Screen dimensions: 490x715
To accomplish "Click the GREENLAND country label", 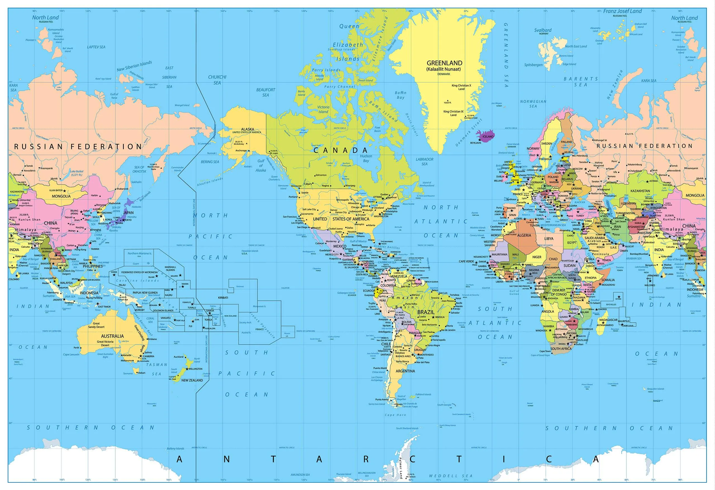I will click(x=444, y=63).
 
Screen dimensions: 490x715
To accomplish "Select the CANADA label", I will click(x=340, y=150).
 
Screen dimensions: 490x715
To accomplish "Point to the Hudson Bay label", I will click(x=366, y=158).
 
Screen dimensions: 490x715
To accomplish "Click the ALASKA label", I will click(x=247, y=129).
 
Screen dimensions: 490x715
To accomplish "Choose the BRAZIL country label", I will click(x=426, y=312).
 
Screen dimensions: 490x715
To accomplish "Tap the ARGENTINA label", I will click(x=405, y=371).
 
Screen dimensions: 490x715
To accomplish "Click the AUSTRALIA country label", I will click(x=112, y=336).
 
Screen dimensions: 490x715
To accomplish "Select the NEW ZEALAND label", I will click(x=192, y=380).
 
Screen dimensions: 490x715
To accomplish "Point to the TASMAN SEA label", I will click(x=157, y=369).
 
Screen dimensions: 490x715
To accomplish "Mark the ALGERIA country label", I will click(x=524, y=235).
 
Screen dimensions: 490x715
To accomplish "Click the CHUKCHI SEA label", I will click(x=217, y=80).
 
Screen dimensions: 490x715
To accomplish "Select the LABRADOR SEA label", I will click(x=424, y=161).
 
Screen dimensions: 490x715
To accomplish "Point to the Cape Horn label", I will click(x=395, y=415).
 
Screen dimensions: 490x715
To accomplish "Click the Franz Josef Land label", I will click(x=622, y=11).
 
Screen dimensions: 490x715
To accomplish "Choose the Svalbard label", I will click(x=543, y=30).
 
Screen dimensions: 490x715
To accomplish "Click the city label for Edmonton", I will click(x=321, y=175).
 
